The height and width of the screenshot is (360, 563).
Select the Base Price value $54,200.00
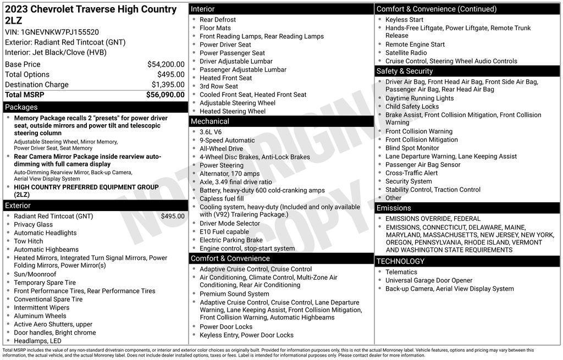(x=165, y=64)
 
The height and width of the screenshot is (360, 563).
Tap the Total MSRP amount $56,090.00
(x=165, y=95)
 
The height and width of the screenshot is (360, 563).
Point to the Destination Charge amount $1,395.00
(x=168, y=85)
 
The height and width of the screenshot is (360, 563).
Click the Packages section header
(x=21, y=107)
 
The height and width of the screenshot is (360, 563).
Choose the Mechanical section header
(x=209, y=121)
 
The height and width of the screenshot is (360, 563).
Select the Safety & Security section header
(x=405, y=71)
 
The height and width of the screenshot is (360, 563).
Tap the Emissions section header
(x=394, y=208)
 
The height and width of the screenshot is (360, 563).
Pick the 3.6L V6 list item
(x=211, y=132)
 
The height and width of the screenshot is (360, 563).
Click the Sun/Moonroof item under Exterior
(x=35, y=274)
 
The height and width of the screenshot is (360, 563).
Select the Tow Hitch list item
(x=28, y=241)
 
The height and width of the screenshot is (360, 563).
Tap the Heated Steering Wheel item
(x=232, y=111)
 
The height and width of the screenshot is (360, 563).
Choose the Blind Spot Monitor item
(x=412, y=148)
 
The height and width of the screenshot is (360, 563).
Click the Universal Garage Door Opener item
(x=429, y=280)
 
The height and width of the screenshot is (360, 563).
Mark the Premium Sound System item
(x=234, y=294)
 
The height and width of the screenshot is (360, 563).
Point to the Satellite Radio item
(x=406, y=53)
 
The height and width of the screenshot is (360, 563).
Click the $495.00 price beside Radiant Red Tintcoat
(x=173, y=217)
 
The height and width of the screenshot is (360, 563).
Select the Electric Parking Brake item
(x=231, y=240)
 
